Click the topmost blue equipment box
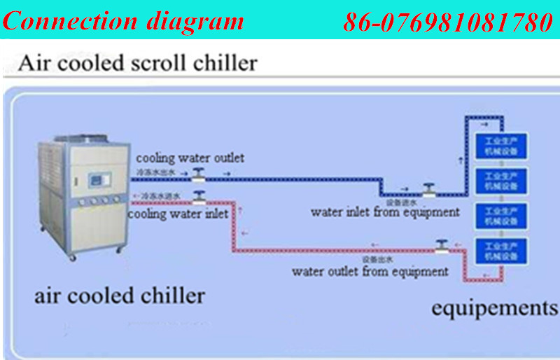click(x=500, y=146)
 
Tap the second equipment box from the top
click(x=500, y=181)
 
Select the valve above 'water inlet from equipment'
click(x=428, y=189)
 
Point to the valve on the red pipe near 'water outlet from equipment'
click(x=441, y=246)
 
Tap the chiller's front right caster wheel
click(x=119, y=248)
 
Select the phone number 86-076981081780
click(x=448, y=22)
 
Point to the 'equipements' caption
click(x=493, y=308)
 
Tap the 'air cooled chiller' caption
click(x=120, y=295)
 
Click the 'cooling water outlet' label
click(x=190, y=158)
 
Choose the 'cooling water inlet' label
click(x=178, y=214)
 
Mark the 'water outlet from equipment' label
click(x=370, y=271)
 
